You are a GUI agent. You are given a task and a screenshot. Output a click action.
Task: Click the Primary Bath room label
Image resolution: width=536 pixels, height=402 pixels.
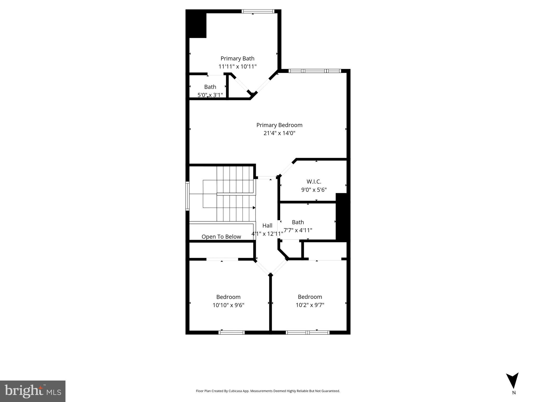(x=237, y=58)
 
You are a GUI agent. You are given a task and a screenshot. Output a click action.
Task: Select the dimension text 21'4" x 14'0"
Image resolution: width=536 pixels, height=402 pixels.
(x=279, y=133)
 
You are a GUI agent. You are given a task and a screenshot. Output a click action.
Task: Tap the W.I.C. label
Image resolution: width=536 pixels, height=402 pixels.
(x=314, y=182)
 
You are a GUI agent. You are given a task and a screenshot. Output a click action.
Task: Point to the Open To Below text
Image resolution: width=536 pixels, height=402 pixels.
(x=221, y=237)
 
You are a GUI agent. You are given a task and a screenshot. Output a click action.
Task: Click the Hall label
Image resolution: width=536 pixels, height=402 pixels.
(x=267, y=226)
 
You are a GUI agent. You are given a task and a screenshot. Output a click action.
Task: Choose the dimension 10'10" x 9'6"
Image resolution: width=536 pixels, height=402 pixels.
(x=228, y=305)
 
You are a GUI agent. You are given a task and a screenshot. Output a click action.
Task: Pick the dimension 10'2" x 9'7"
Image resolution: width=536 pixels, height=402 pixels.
(x=310, y=305)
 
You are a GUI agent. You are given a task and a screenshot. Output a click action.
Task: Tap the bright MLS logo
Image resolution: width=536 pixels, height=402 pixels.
(x=33, y=391)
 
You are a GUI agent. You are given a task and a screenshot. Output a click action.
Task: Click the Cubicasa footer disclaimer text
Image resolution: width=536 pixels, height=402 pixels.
(x=268, y=391)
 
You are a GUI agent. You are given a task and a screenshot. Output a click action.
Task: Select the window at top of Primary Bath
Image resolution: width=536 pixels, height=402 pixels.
(x=258, y=11)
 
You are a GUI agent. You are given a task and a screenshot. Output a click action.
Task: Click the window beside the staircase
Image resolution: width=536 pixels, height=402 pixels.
(x=187, y=196)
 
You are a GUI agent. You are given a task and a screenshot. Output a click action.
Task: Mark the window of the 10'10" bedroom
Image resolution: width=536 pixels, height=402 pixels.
(x=231, y=333)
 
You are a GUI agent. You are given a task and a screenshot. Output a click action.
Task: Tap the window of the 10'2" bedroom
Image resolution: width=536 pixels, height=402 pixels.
(x=307, y=333)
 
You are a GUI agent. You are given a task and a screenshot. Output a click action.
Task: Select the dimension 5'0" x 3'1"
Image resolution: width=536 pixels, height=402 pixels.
(x=210, y=95)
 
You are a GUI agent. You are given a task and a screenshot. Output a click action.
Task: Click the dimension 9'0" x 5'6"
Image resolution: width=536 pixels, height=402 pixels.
(x=314, y=190)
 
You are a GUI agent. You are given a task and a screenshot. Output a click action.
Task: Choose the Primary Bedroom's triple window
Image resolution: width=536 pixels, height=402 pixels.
(x=314, y=71)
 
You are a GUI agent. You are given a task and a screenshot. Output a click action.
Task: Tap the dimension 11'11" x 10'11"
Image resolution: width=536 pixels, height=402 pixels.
(x=237, y=66)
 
